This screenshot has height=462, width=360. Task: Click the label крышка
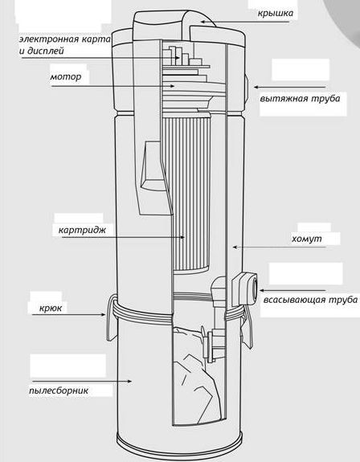[x=276, y=14]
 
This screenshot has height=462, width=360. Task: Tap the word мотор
[x=66, y=76]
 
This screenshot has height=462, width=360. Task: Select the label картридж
[x=82, y=230]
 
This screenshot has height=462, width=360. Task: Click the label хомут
[x=307, y=239]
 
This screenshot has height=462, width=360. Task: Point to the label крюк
[x=51, y=309]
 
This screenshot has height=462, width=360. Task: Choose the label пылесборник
[x=59, y=390]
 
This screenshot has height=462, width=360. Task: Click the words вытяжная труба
[x=300, y=98]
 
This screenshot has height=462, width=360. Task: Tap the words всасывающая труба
[x=310, y=300]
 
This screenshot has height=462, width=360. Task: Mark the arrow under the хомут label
[x=279, y=247]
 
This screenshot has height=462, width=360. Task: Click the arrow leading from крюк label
[x=68, y=315]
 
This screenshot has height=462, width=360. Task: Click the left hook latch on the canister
[x=110, y=319]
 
